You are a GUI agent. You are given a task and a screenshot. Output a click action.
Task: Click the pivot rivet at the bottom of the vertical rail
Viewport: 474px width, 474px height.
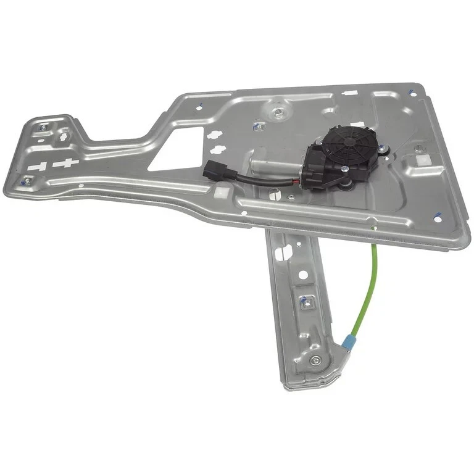pos(316,361)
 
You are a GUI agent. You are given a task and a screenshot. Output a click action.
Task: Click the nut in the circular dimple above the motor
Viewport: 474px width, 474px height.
pos(279,112)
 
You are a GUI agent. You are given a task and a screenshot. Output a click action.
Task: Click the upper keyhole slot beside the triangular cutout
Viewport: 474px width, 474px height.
pos(214,135)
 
